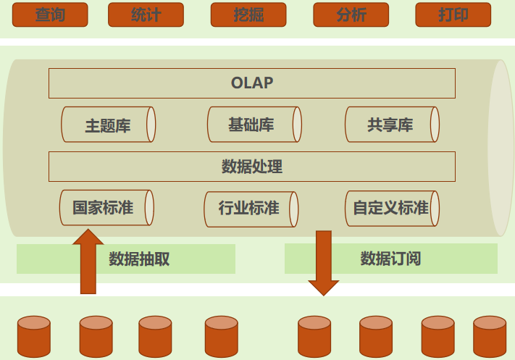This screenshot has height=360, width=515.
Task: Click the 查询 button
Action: (x=50, y=14)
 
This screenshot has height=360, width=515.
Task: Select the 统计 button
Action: (x=146, y=14)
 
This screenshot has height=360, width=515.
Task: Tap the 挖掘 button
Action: (x=248, y=14)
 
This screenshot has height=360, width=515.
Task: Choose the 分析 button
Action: (x=351, y=14)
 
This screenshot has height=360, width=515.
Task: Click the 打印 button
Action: (x=453, y=14)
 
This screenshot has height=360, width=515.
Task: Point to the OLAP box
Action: (x=251, y=83)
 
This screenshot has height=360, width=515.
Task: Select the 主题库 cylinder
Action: (x=108, y=125)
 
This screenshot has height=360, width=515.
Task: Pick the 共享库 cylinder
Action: (x=391, y=125)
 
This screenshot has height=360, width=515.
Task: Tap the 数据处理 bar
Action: (x=251, y=167)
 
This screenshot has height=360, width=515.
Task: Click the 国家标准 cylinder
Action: (x=106, y=208)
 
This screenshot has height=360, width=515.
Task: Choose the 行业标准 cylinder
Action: (x=250, y=209)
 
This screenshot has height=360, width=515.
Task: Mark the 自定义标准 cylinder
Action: (x=391, y=209)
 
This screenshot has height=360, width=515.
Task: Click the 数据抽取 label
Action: (x=139, y=259)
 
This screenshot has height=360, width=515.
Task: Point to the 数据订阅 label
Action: (x=391, y=259)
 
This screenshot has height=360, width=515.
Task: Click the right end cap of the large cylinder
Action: (x=501, y=148)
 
